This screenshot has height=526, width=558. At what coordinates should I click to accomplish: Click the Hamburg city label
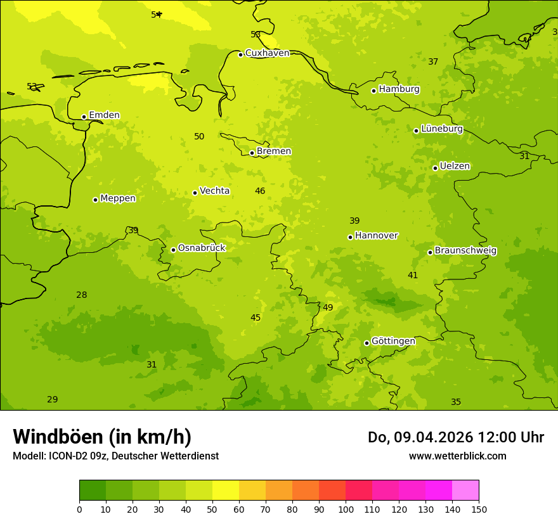399,89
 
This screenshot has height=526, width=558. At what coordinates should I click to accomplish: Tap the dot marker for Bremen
252,153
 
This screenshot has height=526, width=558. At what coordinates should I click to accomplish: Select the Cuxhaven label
267,53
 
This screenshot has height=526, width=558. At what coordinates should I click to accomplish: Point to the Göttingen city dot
367,343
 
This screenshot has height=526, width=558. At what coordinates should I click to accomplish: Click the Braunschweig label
465,251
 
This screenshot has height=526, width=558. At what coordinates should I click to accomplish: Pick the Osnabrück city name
202,248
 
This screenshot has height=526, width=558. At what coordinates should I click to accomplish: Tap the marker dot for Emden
84,117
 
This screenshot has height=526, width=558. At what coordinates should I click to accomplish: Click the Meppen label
118,198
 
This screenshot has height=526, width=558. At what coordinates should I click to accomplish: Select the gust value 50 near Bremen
199,137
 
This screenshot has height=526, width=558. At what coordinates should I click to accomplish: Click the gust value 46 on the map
260,191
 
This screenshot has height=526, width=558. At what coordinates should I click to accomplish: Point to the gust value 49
328,308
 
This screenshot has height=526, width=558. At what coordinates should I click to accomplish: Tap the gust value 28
82,295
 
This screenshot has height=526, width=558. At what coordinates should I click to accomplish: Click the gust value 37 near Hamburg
433,62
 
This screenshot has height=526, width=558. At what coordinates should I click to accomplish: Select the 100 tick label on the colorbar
346,509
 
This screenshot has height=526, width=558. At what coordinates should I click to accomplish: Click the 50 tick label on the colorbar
212,509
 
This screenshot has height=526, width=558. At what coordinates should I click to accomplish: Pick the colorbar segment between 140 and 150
465,491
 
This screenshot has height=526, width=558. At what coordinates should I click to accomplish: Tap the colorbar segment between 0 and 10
93,491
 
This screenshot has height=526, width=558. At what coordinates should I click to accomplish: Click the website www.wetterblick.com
457,456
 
